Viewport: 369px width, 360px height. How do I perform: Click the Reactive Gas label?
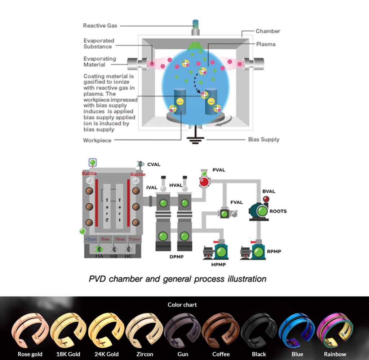pyautogui.click(x=100, y=26)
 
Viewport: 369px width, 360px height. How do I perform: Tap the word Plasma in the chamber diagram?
pyautogui.click(x=266, y=44)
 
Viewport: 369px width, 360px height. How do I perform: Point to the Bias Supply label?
pyautogui.click(x=263, y=139)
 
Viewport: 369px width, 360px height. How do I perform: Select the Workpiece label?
pyautogui.click(x=97, y=140)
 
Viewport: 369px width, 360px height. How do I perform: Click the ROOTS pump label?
pyautogui.click(x=278, y=211)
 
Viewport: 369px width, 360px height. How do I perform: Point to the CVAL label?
pyautogui.click(x=154, y=165)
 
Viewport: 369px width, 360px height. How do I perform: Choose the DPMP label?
pyautogui.click(x=177, y=257)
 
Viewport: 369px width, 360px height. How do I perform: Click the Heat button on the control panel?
pyautogui.click(x=120, y=239)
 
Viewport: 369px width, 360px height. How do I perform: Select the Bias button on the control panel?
pyautogui.click(x=105, y=239)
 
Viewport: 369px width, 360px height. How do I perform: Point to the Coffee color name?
pyautogui.click(x=221, y=354)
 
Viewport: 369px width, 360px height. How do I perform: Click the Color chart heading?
pyautogui.click(x=182, y=305)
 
